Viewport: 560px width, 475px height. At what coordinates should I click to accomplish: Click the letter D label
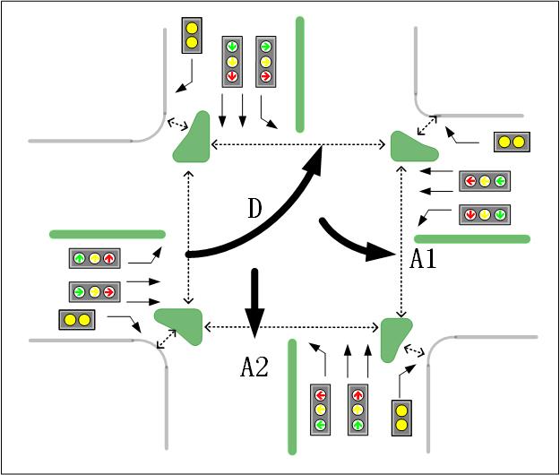(x=254, y=212)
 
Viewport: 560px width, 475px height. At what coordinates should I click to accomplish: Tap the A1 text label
(x=423, y=260)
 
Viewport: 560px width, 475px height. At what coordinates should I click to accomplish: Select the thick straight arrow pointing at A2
(x=255, y=300)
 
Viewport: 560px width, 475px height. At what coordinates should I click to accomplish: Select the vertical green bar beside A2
(x=291, y=395)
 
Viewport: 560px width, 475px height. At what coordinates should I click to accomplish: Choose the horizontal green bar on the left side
(x=108, y=234)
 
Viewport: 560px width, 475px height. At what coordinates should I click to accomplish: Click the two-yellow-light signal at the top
(x=191, y=34)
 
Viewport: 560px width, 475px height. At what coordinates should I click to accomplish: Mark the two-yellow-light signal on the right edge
(x=512, y=142)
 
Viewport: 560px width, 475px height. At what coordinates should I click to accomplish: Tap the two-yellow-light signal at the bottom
(x=402, y=418)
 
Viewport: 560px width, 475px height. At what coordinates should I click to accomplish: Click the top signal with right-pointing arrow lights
(x=265, y=61)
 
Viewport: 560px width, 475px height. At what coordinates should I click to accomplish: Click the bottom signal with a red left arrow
(x=321, y=410)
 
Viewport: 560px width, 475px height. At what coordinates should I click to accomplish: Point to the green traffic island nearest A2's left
(x=181, y=324)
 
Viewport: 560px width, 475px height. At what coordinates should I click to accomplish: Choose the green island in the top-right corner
(x=413, y=145)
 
